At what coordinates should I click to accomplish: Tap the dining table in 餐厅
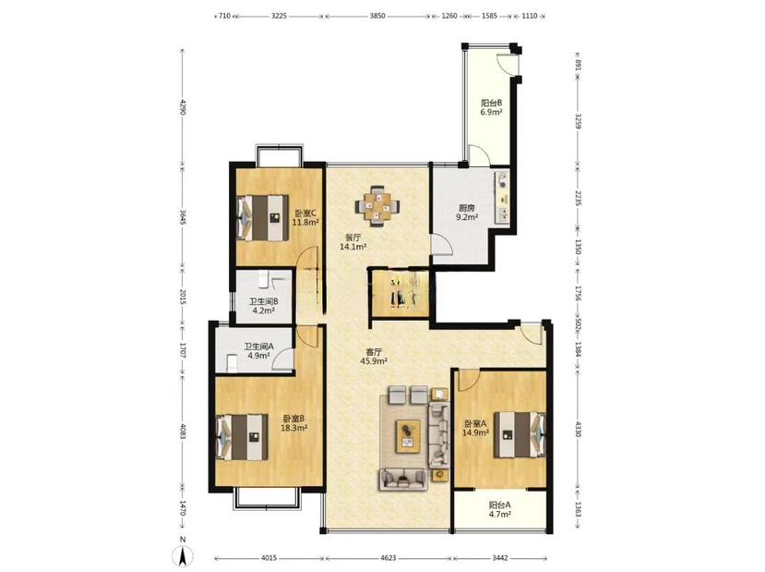[x=377, y=206]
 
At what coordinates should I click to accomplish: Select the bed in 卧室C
[x=262, y=218]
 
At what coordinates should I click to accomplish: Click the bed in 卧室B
[x=242, y=437]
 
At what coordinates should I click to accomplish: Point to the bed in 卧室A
[x=520, y=434]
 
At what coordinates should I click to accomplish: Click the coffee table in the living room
[x=408, y=437]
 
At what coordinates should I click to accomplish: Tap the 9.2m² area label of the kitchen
[x=466, y=217]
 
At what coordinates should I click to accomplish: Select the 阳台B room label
[x=491, y=103]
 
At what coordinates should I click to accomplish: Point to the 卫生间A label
[x=258, y=347]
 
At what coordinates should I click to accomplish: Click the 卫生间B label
[x=263, y=301]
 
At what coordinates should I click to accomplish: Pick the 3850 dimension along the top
[x=377, y=16]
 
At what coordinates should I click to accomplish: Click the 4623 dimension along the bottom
[x=388, y=557]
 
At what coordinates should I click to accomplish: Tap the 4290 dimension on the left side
[x=183, y=107]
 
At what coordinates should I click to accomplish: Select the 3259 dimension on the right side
[x=579, y=121]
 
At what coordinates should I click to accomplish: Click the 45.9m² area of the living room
[x=374, y=361]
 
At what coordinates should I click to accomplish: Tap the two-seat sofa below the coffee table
[x=403, y=480]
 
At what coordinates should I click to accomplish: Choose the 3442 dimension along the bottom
[x=500, y=557]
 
